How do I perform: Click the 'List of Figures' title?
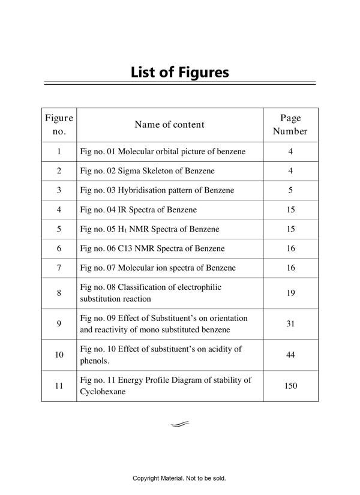pyautogui.click(x=180, y=73)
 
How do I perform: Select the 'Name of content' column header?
pyautogui.click(x=169, y=125)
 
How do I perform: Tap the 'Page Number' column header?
pyautogui.click(x=290, y=125)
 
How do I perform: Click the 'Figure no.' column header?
pyautogui.click(x=59, y=125)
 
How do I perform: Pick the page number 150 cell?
pyautogui.click(x=290, y=386)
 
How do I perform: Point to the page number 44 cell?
pyautogui.click(x=290, y=355)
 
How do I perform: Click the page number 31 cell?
pyautogui.click(x=290, y=323)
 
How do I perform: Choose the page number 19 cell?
pyautogui.click(x=290, y=293)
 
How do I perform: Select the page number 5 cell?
pyautogui.click(x=290, y=190)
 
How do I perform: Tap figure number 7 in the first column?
pyautogui.click(x=59, y=268)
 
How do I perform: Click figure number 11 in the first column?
pyautogui.click(x=59, y=386)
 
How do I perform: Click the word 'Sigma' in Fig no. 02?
pyautogui.click(x=129, y=171)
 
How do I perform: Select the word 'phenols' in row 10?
pyautogui.click(x=93, y=361)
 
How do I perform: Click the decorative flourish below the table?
pyautogui.click(x=179, y=424)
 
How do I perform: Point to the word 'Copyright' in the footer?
pyautogui.click(x=147, y=478)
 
